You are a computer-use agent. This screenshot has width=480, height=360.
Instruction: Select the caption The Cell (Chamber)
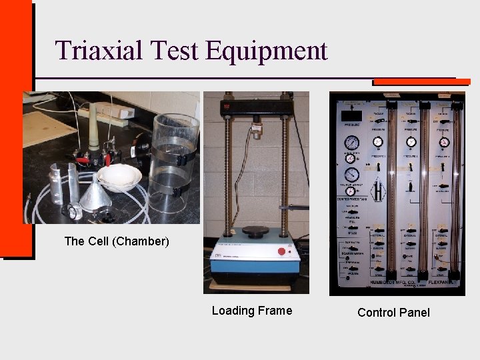click(x=117, y=241)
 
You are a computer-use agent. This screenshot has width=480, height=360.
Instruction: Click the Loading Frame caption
click(x=251, y=311)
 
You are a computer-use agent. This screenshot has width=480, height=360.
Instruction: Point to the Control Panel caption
click(x=393, y=313)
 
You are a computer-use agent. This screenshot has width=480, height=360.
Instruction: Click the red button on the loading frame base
click(x=281, y=252)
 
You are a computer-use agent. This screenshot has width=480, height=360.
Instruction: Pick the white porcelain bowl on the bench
click(x=120, y=177)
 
